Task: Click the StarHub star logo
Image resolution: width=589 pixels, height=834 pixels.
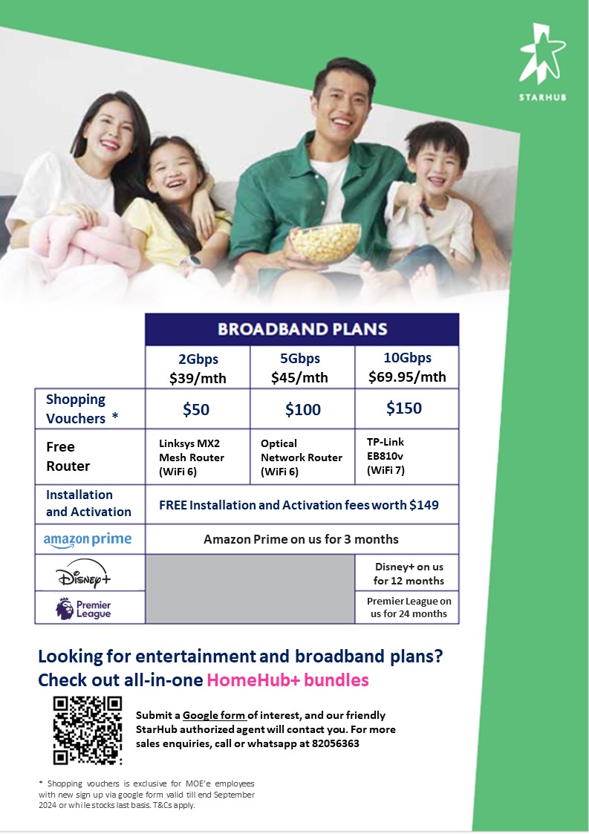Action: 542,55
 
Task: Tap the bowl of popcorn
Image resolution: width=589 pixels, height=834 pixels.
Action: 325,243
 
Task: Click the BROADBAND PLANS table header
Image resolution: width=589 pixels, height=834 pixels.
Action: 302,329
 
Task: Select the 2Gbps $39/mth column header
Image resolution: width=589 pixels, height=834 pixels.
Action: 198,368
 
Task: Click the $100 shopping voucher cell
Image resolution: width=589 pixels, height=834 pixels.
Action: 303,409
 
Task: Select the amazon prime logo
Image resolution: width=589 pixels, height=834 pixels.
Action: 87,540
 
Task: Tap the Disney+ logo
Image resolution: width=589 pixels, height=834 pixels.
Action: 83,573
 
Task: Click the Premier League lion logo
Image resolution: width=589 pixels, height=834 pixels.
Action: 65,608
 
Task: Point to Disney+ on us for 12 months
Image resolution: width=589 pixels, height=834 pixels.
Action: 408,573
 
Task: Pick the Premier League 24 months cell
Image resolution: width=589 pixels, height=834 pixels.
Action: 409,607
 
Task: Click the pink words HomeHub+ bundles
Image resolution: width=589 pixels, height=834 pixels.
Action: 288,680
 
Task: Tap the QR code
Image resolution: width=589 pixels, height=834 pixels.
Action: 88,730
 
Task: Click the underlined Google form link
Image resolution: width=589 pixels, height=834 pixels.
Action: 214,715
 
